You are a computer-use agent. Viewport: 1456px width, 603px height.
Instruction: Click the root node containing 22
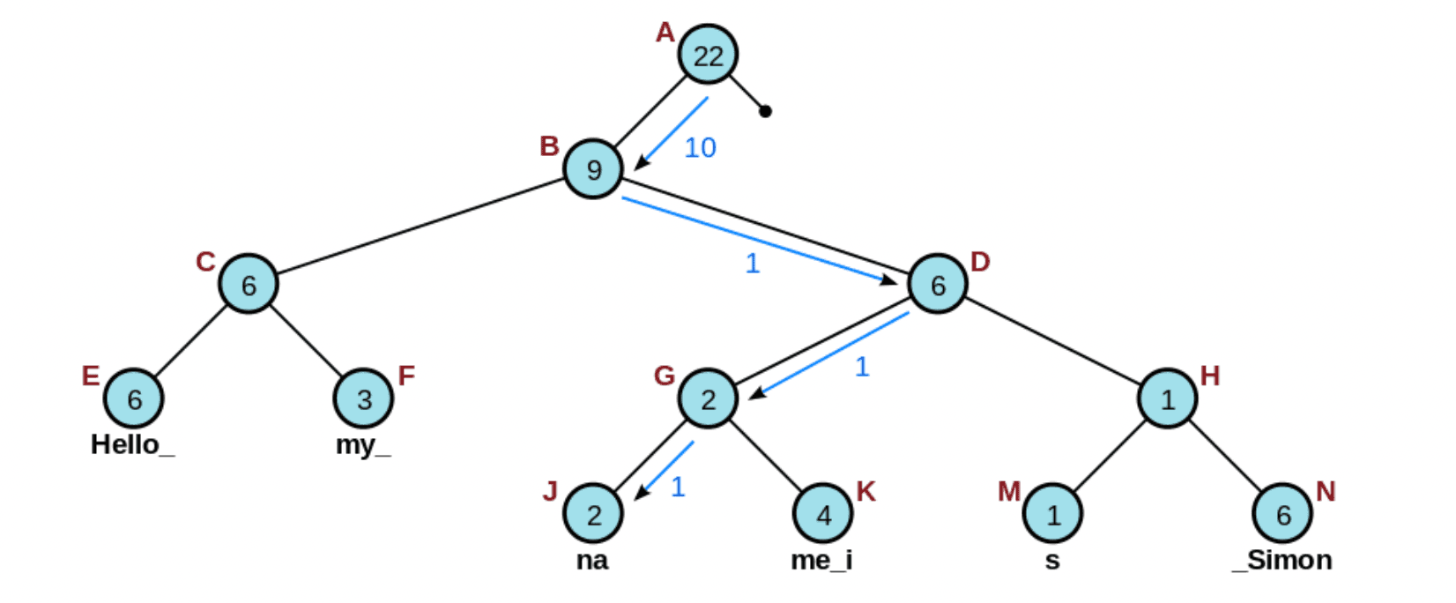tap(708, 55)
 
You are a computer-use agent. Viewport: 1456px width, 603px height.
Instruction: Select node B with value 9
tap(593, 169)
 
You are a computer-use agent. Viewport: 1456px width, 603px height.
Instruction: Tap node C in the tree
tap(249, 284)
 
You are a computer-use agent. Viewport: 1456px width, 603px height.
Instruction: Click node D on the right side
tap(938, 284)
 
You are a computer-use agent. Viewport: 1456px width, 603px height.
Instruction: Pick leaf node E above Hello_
tap(134, 398)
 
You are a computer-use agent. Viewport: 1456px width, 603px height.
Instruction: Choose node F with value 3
tap(363, 398)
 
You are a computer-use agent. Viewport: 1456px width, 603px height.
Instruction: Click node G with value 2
tap(708, 398)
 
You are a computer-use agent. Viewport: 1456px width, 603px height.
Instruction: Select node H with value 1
tap(1167, 398)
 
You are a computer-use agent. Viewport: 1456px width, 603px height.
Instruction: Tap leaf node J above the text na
tap(593, 513)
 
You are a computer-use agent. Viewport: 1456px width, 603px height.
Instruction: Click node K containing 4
tap(823, 513)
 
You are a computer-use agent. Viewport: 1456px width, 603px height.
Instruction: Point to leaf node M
tap(1052, 513)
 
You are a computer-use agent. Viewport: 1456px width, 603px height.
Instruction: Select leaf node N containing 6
tap(1282, 513)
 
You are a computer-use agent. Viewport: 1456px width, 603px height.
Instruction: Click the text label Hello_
tap(132, 444)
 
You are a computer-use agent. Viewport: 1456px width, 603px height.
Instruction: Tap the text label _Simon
tap(1282, 561)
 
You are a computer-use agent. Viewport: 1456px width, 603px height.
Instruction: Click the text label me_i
tap(821, 561)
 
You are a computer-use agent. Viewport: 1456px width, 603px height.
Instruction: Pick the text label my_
tap(362, 445)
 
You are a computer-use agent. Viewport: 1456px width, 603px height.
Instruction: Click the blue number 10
tap(701, 148)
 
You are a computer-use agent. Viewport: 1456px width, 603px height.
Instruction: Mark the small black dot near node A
tap(765, 111)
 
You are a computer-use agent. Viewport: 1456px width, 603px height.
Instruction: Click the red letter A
tap(665, 33)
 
